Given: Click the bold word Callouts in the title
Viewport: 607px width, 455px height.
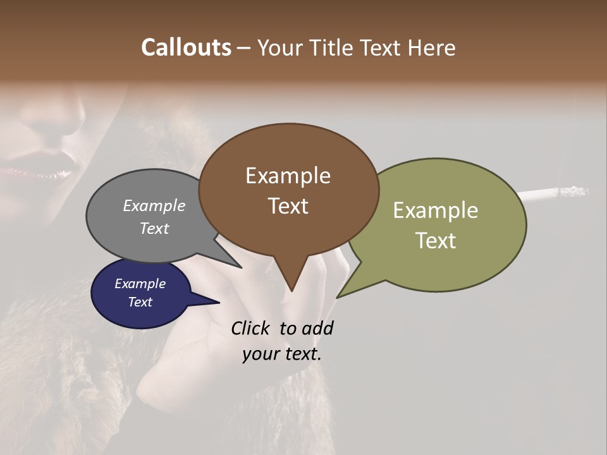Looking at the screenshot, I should (x=186, y=47).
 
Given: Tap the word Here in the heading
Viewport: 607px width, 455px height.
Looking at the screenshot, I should (x=432, y=47).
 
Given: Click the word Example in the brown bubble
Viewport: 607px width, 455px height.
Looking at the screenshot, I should (x=288, y=176).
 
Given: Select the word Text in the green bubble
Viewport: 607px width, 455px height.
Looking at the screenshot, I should (x=436, y=241).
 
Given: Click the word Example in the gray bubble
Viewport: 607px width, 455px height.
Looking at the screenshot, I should (x=154, y=205).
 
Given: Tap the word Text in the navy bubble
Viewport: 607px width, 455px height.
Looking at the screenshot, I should (x=140, y=302).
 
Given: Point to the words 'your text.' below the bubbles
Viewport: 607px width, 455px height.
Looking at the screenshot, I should (x=282, y=354).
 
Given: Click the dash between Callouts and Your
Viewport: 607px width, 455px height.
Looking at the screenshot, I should (x=243, y=48).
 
